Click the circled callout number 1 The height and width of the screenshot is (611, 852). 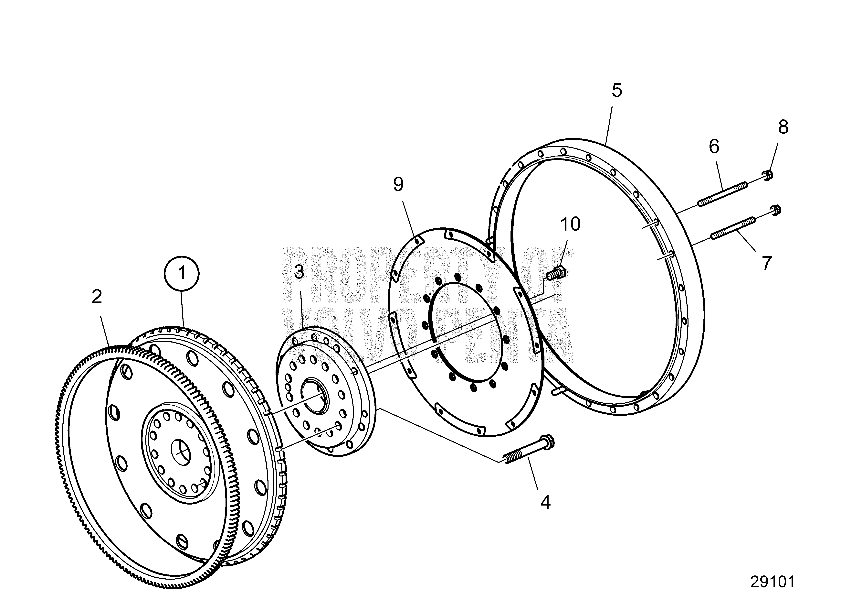(x=182, y=273)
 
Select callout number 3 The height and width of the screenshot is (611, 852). (x=299, y=272)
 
